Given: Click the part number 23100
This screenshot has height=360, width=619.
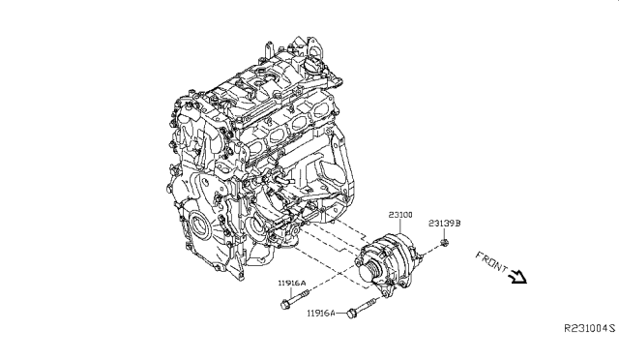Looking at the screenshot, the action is coord(400,215).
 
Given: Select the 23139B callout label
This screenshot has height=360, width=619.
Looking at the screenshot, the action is coord(445,224).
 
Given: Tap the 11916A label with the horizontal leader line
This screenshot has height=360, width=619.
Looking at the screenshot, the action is coord(321,314).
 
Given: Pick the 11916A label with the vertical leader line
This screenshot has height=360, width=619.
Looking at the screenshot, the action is coord(292,283).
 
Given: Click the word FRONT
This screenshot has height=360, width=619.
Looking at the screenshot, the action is coord(491,261).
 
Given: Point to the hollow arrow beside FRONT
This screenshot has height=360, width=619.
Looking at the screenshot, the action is coord(518,276).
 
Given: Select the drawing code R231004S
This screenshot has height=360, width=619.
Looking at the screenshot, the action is coord(589,328).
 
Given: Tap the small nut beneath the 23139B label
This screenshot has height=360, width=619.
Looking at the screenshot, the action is coord(445,243).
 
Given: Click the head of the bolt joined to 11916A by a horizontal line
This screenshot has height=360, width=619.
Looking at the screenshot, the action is coord(351,314).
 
